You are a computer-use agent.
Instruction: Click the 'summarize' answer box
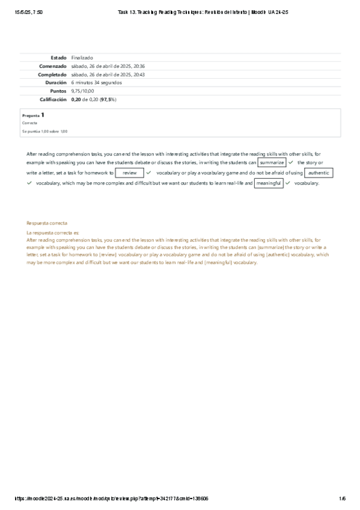[272, 162]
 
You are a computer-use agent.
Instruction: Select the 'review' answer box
[129, 173]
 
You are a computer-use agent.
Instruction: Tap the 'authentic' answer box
[319, 173]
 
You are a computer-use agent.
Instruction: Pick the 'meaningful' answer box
[269, 183]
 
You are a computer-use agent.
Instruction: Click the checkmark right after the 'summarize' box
[291, 162]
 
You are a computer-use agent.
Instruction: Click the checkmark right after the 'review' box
[148, 173]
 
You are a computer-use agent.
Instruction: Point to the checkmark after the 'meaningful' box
[288, 183]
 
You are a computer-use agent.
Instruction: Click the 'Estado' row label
[58, 57]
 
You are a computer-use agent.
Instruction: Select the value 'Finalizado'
[82, 57]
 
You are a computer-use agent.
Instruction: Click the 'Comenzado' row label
[52, 66]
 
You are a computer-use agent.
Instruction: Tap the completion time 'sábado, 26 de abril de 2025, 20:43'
[108, 74]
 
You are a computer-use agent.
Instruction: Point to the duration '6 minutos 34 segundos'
[96, 82]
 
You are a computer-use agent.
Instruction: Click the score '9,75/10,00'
[82, 91]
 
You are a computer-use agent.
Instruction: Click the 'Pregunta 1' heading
[33, 114]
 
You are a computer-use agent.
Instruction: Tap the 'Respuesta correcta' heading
[47, 223]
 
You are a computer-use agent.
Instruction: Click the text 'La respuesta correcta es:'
[53, 232]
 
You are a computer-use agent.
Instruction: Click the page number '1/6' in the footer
[342, 499]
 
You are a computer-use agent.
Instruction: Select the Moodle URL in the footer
[114, 499]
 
